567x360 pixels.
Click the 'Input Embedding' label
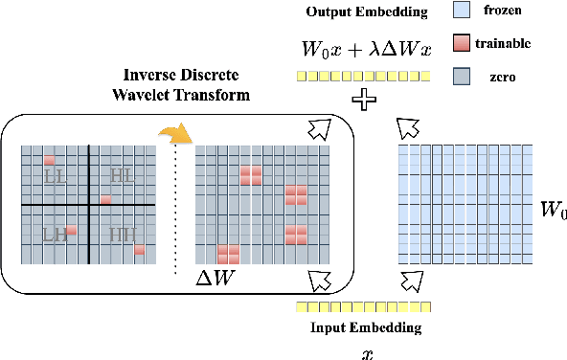(x=366, y=327)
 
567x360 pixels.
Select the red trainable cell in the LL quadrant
(x=51, y=159)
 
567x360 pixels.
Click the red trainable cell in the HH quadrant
(x=139, y=249)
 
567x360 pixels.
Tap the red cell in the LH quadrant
(x=71, y=231)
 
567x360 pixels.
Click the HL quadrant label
(x=122, y=175)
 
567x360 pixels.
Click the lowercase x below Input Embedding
(x=366, y=352)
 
